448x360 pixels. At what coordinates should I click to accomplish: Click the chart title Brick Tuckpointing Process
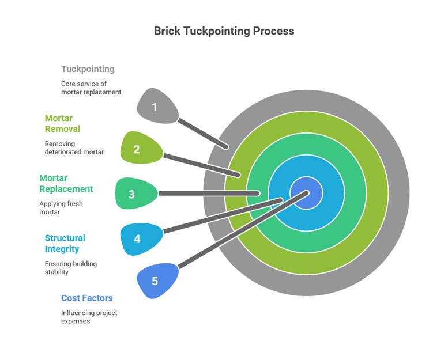pyautogui.click(x=224, y=31)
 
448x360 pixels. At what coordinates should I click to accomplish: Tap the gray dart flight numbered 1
pyautogui.click(x=156, y=107)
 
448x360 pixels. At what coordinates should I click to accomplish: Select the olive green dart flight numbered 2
pyautogui.click(x=139, y=149)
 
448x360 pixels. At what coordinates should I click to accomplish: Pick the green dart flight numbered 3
pyautogui.click(x=134, y=194)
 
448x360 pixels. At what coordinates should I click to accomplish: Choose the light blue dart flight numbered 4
pyautogui.click(x=139, y=238)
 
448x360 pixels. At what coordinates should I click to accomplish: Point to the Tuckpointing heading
pyautogui.click(x=88, y=69)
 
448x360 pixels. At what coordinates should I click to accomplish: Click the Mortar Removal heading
pyautogui.click(x=62, y=123)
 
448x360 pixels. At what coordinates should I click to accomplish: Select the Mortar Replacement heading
pyautogui.click(x=66, y=183)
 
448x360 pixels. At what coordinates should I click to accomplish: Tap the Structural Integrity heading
pyautogui.click(x=65, y=244)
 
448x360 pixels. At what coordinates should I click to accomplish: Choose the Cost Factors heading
pyautogui.click(x=86, y=298)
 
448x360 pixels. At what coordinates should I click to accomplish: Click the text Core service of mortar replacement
pyautogui.click(x=91, y=88)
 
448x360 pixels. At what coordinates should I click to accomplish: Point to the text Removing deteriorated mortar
pyautogui.click(x=74, y=148)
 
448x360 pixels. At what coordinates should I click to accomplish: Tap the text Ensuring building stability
pyautogui.click(x=71, y=268)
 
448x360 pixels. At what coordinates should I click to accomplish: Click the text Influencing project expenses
pyautogui.click(x=89, y=317)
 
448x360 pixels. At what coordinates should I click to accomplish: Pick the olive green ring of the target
pyautogui.click(x=378, y=192)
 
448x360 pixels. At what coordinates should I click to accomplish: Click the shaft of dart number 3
pyautogui.click(x=208, y=194)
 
